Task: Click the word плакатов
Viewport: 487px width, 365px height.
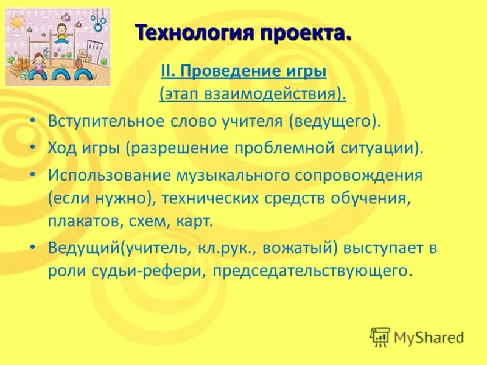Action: [x=75, y=221]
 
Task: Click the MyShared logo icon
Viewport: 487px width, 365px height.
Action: [x=380, y=336]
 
